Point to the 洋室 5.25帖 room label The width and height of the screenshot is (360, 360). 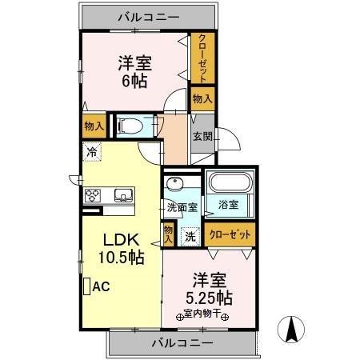click(206, 289)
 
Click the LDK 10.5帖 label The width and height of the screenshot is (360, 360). click(121, 249)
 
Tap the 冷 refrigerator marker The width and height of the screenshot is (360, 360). click(92, 150)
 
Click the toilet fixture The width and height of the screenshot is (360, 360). click(130, 125)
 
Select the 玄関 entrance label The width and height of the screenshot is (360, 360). click(201, 136)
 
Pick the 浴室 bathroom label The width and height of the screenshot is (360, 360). click(229, 205)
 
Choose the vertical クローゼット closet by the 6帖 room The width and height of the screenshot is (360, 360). click(202, 58)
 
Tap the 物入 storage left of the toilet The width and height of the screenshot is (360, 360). click(93, 125)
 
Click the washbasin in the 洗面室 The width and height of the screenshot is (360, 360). click(175, 183)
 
